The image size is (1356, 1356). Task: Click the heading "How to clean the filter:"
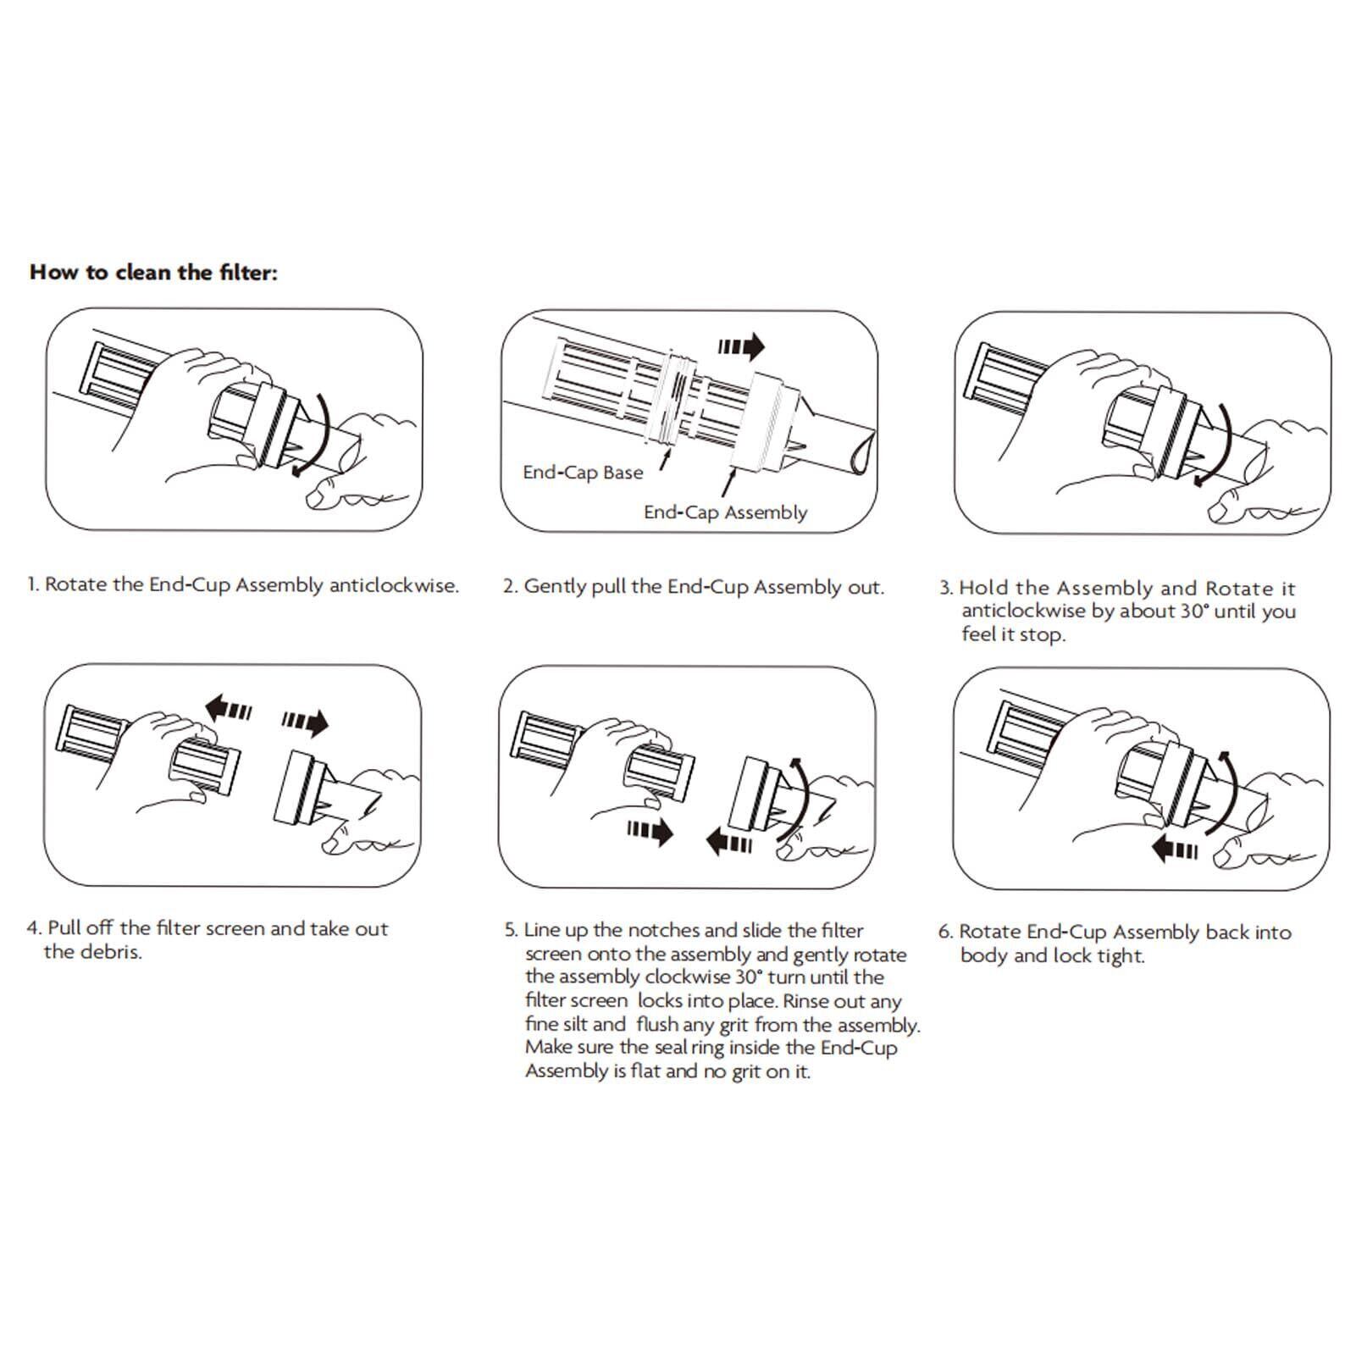(153, 273)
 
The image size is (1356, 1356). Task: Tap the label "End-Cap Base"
(583, 473)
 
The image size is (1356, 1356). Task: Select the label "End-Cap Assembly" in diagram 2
(725, 512)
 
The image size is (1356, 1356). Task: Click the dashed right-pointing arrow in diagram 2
(741, 346)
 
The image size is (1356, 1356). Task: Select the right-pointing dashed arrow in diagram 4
(305, 722)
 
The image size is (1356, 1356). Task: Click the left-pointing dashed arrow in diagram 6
(1175, 849)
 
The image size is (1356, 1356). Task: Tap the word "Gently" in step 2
(555, 587)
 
